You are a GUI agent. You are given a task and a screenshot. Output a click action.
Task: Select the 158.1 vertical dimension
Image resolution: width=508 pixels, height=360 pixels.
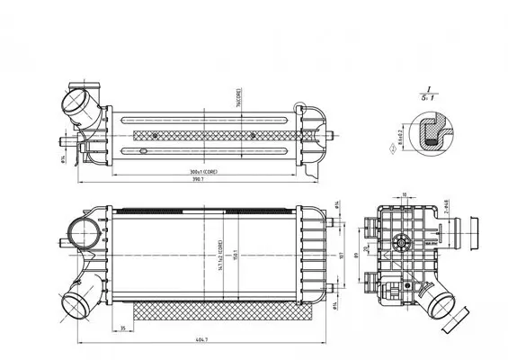point(236,253)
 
